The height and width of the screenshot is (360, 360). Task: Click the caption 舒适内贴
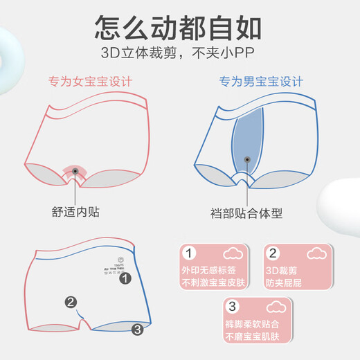coord(76,211)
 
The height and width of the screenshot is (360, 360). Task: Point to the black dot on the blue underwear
coord(248,161)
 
